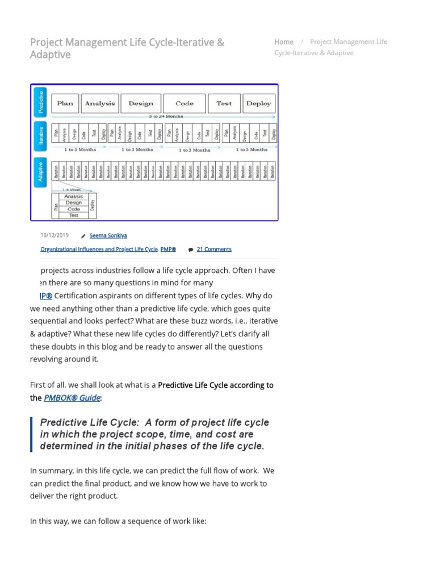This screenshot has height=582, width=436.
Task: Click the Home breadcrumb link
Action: [284, 42]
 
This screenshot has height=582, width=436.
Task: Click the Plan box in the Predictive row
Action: [65, 103]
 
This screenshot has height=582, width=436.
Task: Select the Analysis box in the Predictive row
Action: [100, 103]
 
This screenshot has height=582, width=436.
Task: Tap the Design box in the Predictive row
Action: [141, 103]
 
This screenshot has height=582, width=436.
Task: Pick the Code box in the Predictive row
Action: [185, 103]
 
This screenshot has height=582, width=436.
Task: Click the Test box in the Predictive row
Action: [224, 103]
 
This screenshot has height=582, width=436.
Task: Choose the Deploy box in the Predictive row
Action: [259, 103]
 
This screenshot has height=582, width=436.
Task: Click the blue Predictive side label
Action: [40, 102]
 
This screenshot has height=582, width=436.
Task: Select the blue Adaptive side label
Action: [40, 172]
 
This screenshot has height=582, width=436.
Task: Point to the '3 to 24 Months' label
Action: [166, 117]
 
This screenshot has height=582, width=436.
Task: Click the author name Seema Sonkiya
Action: [108, 235]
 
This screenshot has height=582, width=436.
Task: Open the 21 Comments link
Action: [214, 249]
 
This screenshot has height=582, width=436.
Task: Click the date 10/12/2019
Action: [54, 235]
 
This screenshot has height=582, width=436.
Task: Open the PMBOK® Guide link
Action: [72, 398]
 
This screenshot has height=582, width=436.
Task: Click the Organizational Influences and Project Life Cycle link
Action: [99, 249]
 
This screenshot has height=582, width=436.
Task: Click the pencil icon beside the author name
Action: [83, 236]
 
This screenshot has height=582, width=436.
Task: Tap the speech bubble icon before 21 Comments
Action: [190, 250]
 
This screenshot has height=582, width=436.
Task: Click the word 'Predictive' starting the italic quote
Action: [61, 422]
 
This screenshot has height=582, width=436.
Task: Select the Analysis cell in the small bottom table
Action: [73, 197]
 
